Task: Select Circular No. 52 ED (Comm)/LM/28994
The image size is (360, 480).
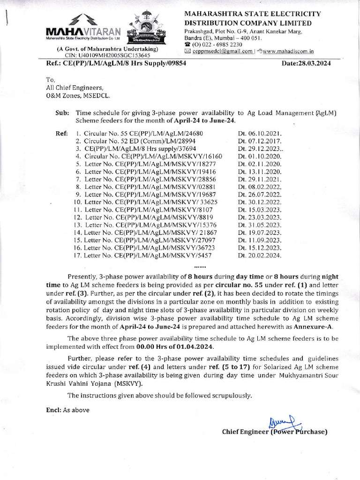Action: [x=139, y=141]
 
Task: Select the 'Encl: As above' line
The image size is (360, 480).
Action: [x=67, y=410]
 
